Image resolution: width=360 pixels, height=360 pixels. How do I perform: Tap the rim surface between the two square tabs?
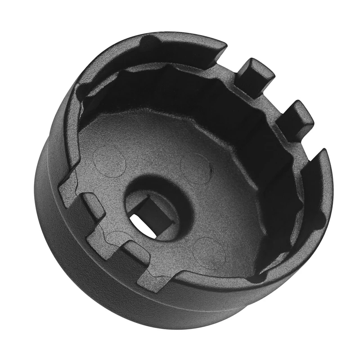tap(270, 101)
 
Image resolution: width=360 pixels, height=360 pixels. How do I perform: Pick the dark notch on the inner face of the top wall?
tap(151, 45)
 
